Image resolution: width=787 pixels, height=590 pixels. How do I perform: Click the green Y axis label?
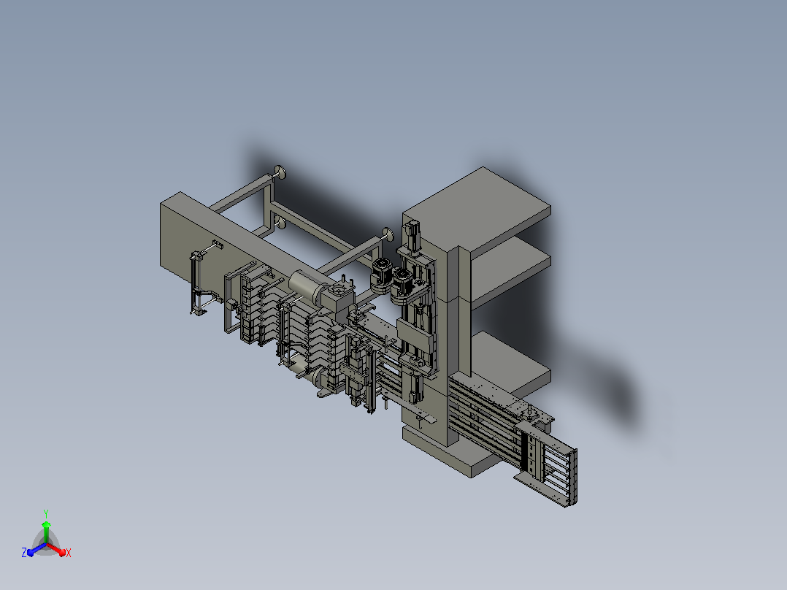[x=46, y=513]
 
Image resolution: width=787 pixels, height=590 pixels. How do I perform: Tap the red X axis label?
[x=69, y=553]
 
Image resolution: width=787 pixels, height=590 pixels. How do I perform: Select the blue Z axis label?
[x=24, y=552]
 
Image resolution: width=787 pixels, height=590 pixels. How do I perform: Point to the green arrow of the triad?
[x=46, y=532]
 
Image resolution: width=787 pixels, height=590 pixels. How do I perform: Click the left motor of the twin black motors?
[x=382, y=274]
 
